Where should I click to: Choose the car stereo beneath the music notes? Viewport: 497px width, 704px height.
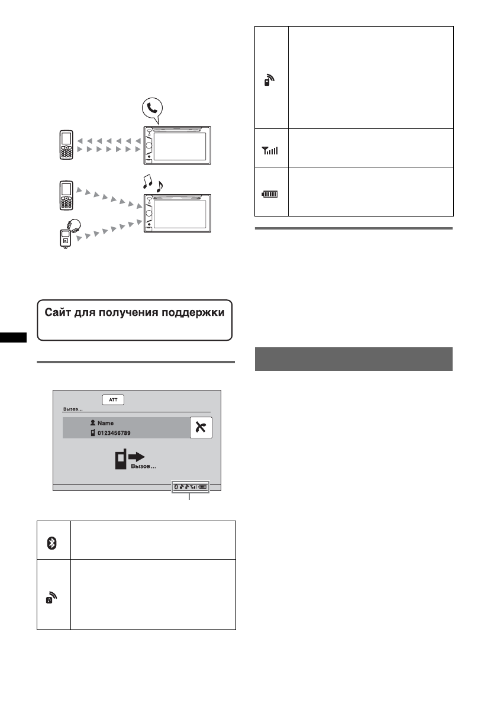177,212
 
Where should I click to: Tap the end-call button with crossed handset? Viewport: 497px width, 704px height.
201,427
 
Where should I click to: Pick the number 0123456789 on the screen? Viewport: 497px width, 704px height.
115,433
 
